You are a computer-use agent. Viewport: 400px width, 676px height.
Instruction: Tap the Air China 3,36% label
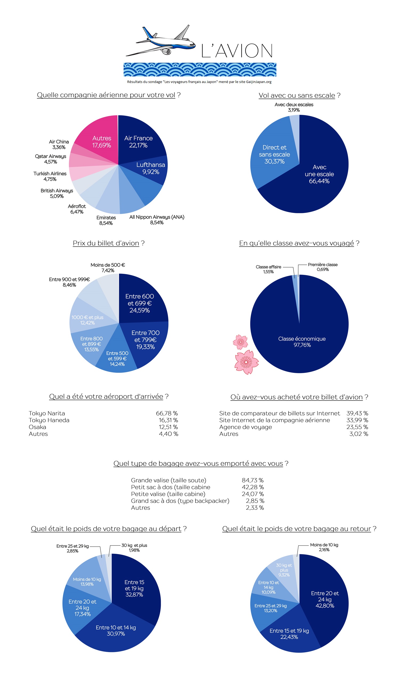pyautogui.click(x=59, y=145)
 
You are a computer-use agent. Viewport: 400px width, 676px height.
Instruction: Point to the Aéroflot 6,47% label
pyautogui.click(x=77, y=209)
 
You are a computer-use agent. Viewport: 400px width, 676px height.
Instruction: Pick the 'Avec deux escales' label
pyautogui.click(x=294, y=107)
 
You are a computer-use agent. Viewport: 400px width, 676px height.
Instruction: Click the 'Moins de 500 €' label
pyautogui.click(x=108, y=268)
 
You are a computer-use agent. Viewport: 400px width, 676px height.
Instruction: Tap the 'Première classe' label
pyautogui.click(x=323, y=267)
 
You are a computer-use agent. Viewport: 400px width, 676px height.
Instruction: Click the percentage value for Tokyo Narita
pyautogui.click(x=167, y=413)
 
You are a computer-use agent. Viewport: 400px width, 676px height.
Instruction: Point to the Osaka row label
pyautogui.click(x=37, y=427)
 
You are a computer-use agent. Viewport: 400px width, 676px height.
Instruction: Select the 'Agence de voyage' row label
pyautogui.click(x=245, y=427)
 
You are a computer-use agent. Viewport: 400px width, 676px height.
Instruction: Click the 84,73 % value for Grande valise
pyautogui.click(x=253, y=480)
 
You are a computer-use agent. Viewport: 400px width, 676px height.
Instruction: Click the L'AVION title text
pyautogui.click(x=237, y=51)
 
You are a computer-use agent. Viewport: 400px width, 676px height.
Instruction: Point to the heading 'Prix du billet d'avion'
pyautogui.click(x=106, y=243)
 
